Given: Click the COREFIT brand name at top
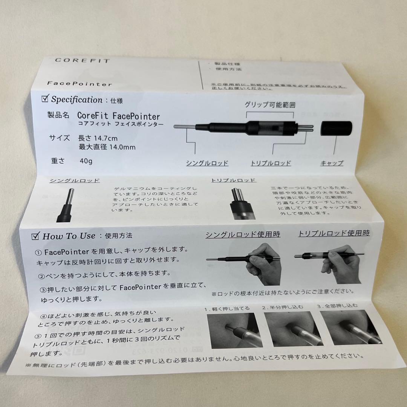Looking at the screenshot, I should [x=82, y=61].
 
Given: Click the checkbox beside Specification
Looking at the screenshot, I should [x=45, y=99].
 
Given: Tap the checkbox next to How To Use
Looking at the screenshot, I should [x=36, y=236].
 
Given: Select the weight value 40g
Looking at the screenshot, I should [x=86, y=161].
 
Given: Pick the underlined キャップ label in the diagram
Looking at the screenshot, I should [x=332, y=163].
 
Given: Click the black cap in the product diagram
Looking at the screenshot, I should [x=336, y=129].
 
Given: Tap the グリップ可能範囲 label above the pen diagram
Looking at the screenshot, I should [x=270, y=105].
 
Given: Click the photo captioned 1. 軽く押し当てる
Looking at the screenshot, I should [x=234, y=330].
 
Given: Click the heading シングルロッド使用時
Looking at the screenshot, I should [x=243, y=234].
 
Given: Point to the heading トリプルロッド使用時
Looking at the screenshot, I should [x=334, y=233].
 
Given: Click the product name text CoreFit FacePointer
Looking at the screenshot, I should [x=118, y=116].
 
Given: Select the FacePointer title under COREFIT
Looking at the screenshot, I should [x=80, y=84].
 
